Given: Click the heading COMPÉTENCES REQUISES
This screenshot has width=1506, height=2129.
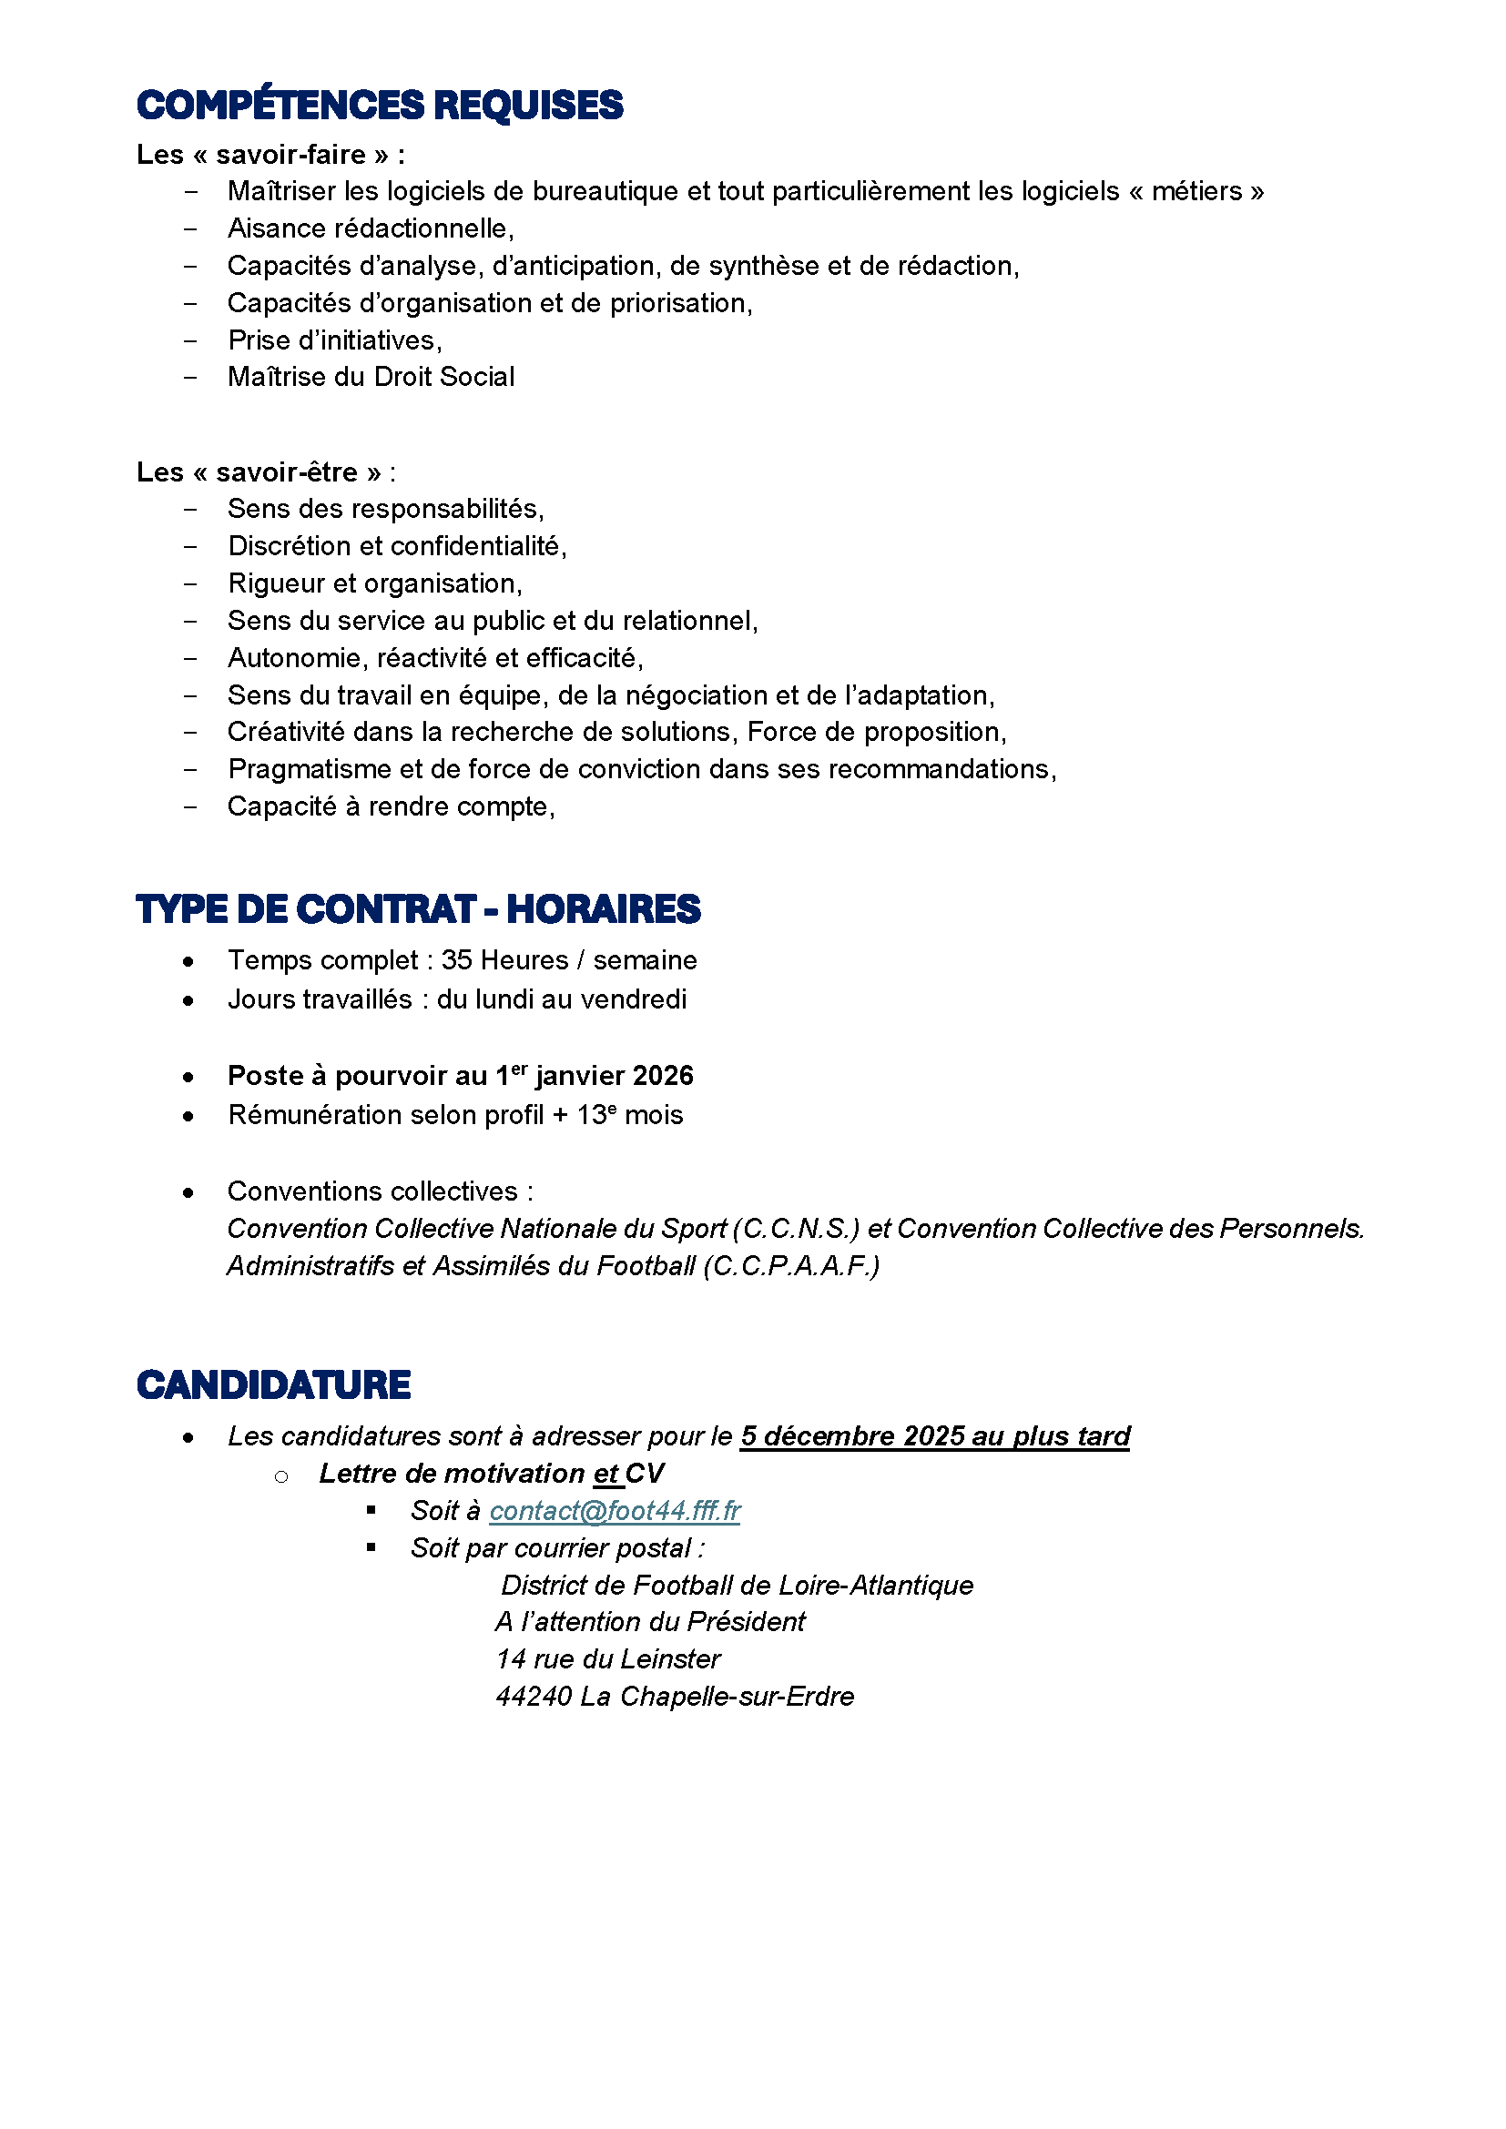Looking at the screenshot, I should [380, 105].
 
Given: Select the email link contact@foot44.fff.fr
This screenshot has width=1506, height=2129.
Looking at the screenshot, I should [614, 1511].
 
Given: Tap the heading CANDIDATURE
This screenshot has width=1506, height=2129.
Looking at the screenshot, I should [272, 1385].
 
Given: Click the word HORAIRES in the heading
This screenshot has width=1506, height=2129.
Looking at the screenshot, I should [603, 909].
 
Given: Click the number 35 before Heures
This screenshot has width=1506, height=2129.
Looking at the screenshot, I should [457, 959].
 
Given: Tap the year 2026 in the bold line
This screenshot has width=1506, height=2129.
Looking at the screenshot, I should [663, 1076].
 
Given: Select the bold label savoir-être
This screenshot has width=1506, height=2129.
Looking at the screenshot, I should [287, 472].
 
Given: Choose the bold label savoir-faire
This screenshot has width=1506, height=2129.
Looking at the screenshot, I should [291, 154].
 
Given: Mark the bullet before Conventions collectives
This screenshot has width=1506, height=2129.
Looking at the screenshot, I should [188, 1192].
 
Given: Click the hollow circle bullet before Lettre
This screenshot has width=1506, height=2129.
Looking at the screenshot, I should [281, 1475].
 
